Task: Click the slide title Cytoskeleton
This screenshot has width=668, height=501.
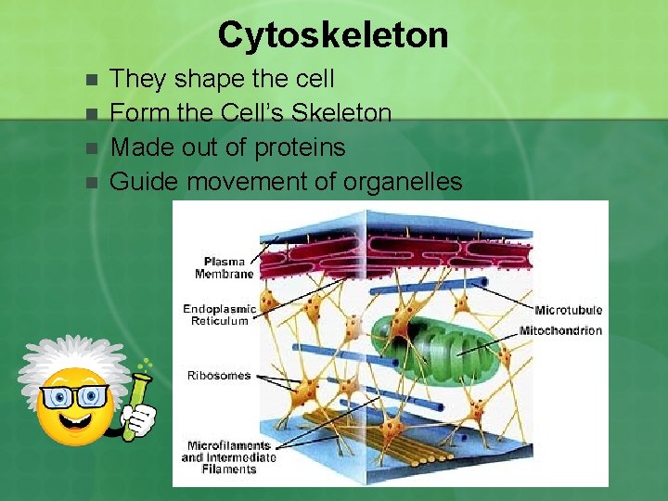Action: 333,35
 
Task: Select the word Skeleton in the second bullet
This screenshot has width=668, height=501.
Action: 340,113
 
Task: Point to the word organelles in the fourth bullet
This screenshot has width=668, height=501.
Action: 402,182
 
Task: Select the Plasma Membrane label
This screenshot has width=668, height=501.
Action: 225,267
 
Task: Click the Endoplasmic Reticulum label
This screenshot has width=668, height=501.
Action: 216,315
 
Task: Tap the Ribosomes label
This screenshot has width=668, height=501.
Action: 219,376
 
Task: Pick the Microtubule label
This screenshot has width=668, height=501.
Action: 568,310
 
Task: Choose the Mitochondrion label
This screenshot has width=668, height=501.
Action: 560,330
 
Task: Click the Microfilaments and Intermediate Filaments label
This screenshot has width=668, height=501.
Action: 228,457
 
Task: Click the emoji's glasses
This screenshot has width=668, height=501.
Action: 73,397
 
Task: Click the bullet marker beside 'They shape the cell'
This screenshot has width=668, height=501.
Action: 90,80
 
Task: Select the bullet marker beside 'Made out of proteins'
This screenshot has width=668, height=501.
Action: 90,148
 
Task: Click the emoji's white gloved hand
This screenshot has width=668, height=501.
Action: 139,419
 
